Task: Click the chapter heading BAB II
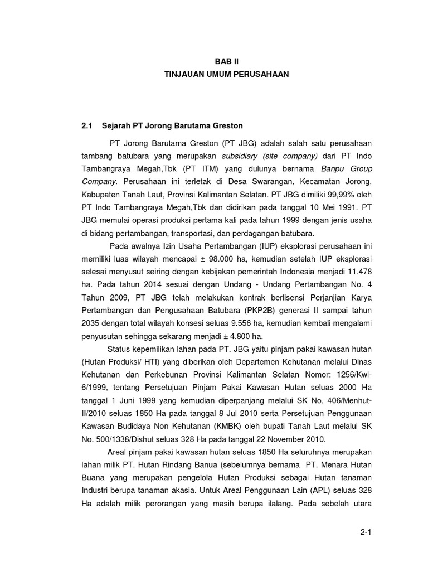(226, 62)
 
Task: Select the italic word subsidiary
(241, 155)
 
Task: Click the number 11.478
(358, 273)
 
